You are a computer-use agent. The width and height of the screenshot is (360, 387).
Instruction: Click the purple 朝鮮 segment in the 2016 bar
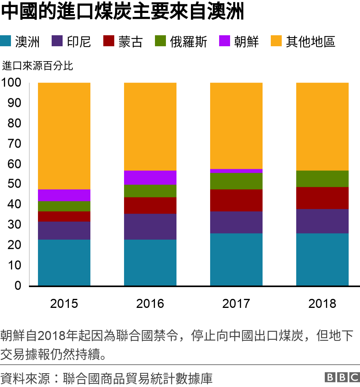click(150, 177)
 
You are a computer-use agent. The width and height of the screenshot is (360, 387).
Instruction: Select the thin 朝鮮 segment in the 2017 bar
click(236, 171)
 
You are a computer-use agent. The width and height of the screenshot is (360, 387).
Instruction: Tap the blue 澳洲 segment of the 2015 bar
click(64, 262)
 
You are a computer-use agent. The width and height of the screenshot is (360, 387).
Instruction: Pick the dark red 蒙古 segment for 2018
click(322, 198)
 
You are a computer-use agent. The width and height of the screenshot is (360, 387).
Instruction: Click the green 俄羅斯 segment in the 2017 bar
click(236, 181)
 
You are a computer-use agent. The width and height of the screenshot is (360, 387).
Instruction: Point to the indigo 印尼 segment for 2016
click(150, 226)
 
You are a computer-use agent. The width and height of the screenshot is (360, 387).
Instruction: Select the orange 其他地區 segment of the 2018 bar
click(322, 127)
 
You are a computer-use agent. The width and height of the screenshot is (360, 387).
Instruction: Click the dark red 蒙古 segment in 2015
click(64, 216)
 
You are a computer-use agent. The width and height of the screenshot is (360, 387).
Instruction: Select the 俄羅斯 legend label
click(189, 42)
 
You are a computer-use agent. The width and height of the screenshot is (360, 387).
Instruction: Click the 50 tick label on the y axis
click(14, 184)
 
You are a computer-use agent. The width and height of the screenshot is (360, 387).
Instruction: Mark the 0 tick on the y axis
click(18, 286)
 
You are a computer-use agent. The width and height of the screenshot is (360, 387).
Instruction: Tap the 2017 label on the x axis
click(236, 304)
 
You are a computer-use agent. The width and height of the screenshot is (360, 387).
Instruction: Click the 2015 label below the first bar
click(64, 304)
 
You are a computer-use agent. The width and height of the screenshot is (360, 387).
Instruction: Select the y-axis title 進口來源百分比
click(38, 65)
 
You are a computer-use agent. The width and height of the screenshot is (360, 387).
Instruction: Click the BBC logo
click(342, 377)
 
